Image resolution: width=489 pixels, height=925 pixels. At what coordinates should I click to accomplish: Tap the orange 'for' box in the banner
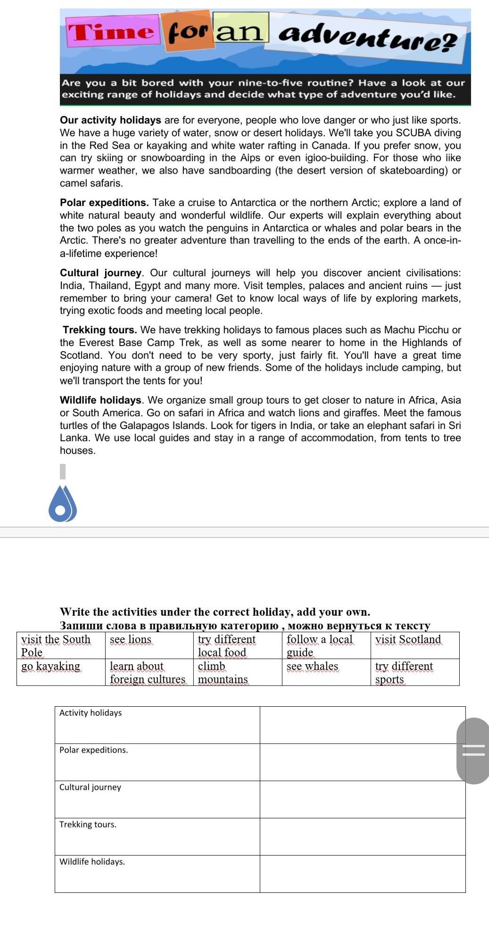coord(188,31)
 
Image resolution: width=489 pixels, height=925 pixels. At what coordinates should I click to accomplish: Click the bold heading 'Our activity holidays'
coord(110,120)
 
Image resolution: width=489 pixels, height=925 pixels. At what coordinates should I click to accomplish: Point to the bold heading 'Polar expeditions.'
coord(104,203)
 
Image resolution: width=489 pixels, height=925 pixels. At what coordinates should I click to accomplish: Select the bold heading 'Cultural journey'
coord(100,273)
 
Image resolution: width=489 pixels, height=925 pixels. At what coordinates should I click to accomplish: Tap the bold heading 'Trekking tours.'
coord(100,330)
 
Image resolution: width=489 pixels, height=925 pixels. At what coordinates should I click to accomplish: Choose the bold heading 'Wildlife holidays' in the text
coord(100,400)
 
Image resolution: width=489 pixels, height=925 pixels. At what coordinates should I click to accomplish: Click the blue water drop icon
coord(62,504)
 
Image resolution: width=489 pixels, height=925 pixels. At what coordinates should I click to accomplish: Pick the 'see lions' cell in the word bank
coord(131,640)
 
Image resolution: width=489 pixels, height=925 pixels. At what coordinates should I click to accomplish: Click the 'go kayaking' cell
coord(51,667)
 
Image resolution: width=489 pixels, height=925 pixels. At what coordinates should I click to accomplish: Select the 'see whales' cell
coord(312,667)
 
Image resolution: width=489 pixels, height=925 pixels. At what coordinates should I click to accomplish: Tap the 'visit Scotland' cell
coord(408,640)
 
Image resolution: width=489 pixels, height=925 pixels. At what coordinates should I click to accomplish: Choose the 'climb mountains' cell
coord(223,673)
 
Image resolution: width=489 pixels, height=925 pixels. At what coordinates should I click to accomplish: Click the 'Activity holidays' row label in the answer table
coord(91,713)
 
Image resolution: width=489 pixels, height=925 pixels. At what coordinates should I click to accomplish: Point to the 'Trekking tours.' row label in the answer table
coord(88,825)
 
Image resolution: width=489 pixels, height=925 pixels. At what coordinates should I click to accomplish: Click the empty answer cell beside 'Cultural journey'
coord(362,799)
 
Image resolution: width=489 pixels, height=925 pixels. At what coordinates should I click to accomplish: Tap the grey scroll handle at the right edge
coord(473,751)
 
